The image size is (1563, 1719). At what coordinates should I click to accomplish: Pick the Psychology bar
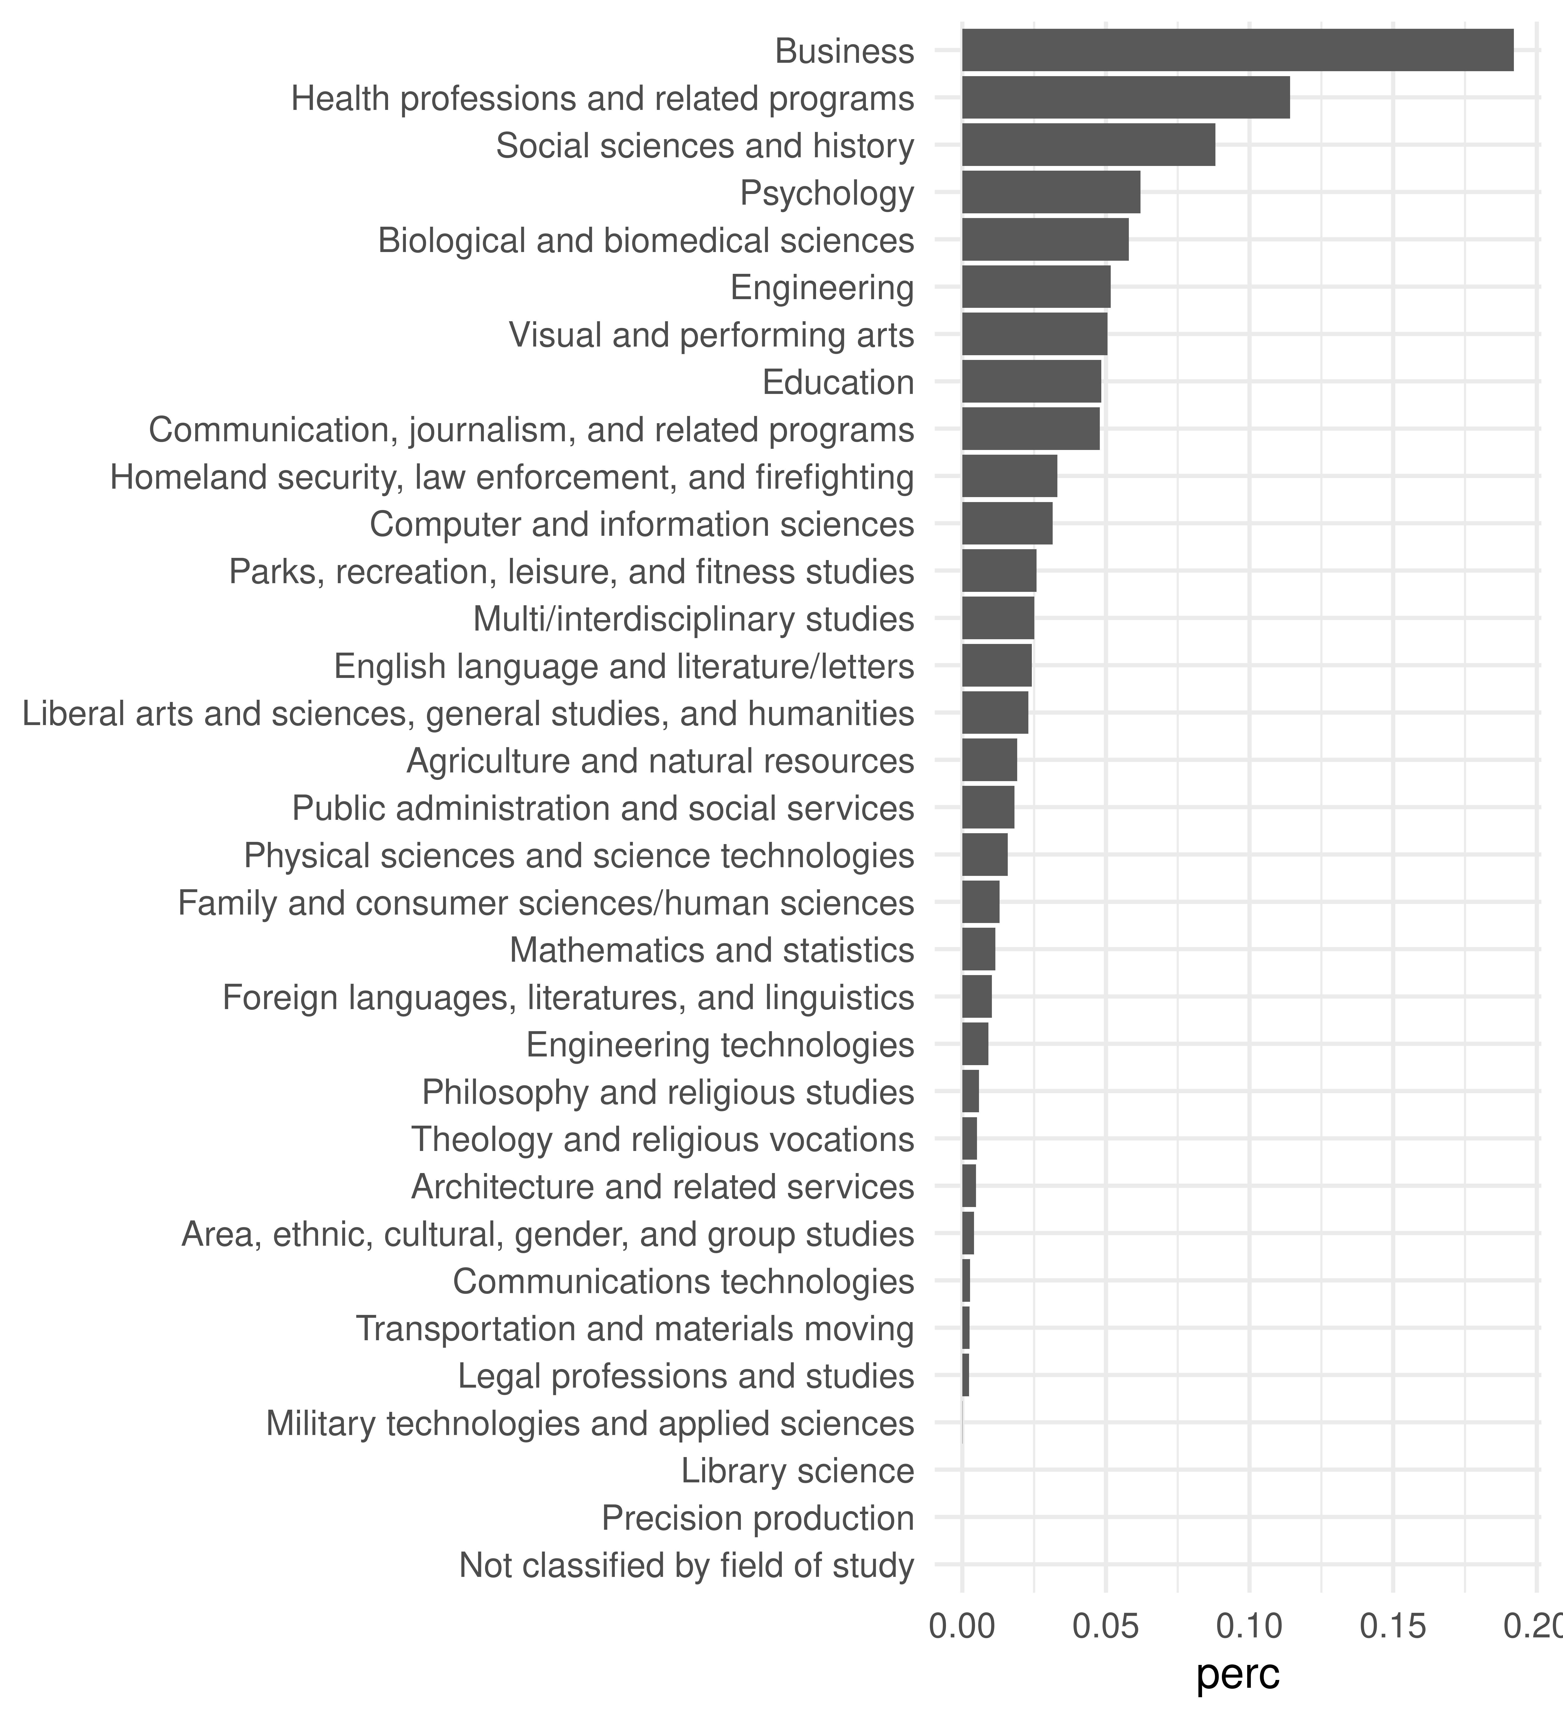pos(1050,192)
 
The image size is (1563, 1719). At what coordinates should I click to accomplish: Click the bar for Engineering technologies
pos(975,1044)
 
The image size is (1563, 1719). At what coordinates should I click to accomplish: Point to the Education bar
pos(1031,381)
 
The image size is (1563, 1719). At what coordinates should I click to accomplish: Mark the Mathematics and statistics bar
pos(978,949)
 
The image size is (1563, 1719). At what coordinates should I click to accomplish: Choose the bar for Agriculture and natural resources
pos(989,760)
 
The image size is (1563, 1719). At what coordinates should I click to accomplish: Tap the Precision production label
pos(757,1518)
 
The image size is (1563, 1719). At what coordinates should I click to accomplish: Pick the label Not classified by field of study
pos(686,1565)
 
